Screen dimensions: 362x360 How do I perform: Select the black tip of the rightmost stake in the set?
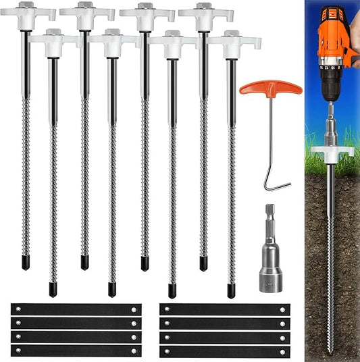(231, 291)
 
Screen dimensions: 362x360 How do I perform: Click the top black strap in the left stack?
(76, 309)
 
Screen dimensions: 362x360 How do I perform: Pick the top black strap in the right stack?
(225, 309)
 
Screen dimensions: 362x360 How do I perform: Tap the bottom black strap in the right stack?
(225, 351)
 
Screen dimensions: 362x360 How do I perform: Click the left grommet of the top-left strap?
(17, 309)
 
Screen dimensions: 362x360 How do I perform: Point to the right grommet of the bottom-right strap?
(283, 351)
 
